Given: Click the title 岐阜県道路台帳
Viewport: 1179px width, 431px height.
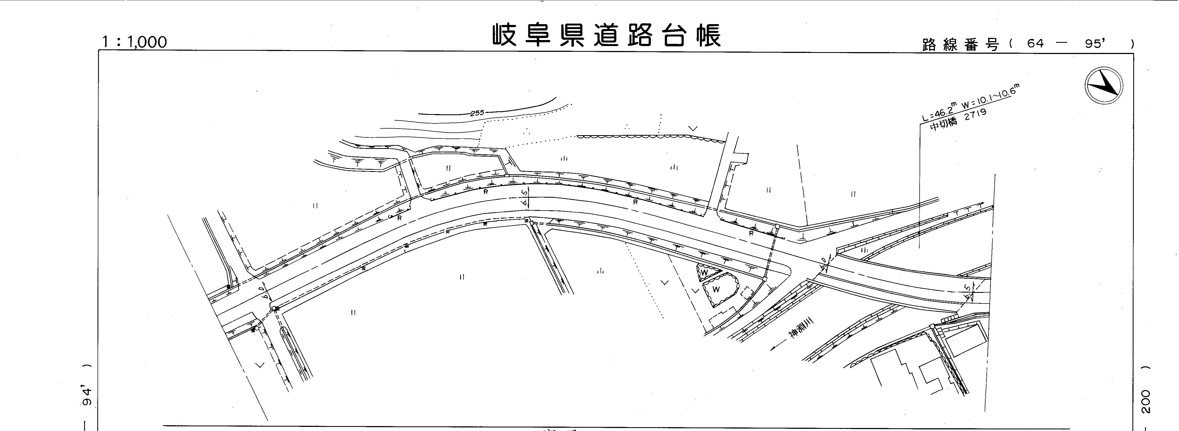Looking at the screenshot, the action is coord(606,36).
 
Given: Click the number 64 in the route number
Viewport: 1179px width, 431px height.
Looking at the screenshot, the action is coord(1035,44).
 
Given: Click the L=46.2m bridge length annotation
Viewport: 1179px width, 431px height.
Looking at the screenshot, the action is coord(938,111).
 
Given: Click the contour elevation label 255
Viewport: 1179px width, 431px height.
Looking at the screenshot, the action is coord(477,113).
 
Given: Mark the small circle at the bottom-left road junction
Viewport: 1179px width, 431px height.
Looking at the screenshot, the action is coord(257,328).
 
